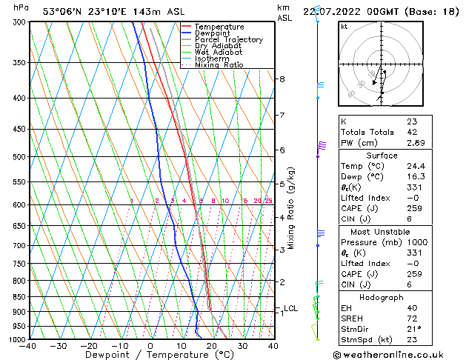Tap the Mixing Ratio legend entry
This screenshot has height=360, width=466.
coord(219,65)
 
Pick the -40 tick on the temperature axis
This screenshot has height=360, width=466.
coord(28,346)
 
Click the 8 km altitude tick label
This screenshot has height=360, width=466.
coord(282,79)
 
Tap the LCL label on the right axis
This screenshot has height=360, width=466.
coord(290,308)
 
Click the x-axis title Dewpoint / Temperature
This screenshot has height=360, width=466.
coord(150,355)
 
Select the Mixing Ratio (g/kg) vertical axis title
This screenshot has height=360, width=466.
coord(291,208)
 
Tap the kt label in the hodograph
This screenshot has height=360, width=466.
coord(344,27)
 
